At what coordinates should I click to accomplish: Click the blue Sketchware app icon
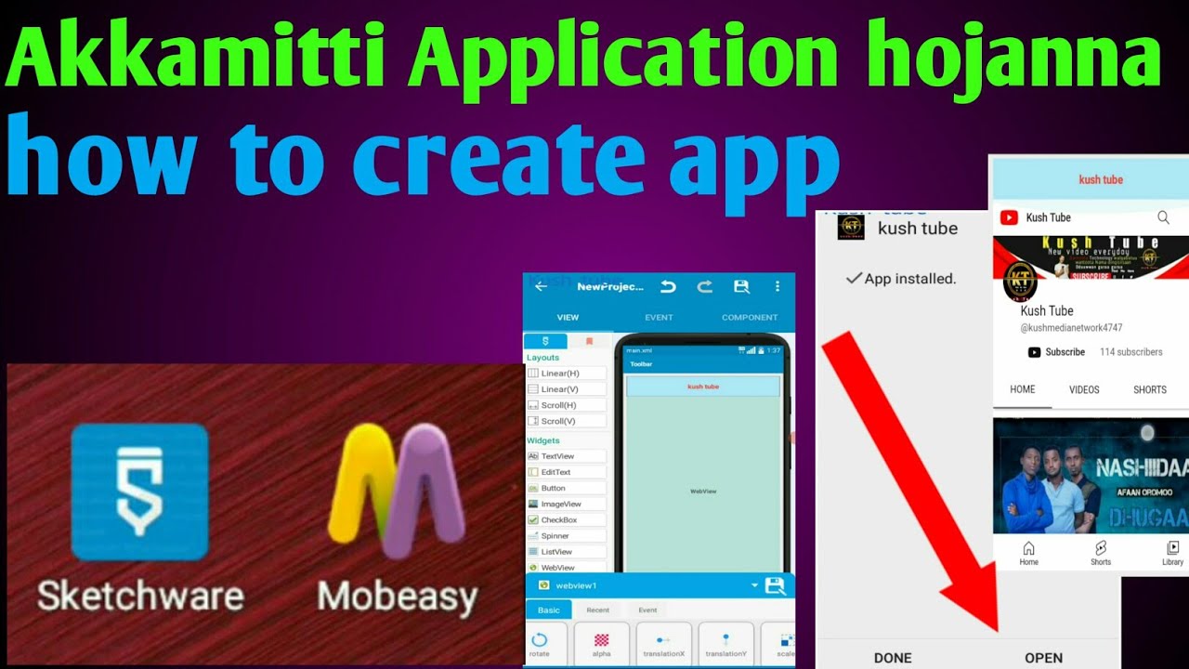pos(139,492)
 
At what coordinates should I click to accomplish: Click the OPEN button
pos(1043,657)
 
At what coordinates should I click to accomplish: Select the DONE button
pos(893,657)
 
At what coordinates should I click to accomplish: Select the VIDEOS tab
pos(1084,389)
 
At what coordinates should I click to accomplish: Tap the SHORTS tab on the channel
pos(1149,389)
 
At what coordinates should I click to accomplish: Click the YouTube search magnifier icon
pos(1163,217)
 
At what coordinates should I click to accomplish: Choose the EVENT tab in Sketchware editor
pos(659,317)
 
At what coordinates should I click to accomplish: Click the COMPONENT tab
pos(750,317)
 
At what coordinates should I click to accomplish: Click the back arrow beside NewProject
pos(541,286)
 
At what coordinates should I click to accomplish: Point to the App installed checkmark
pos(854,278)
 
